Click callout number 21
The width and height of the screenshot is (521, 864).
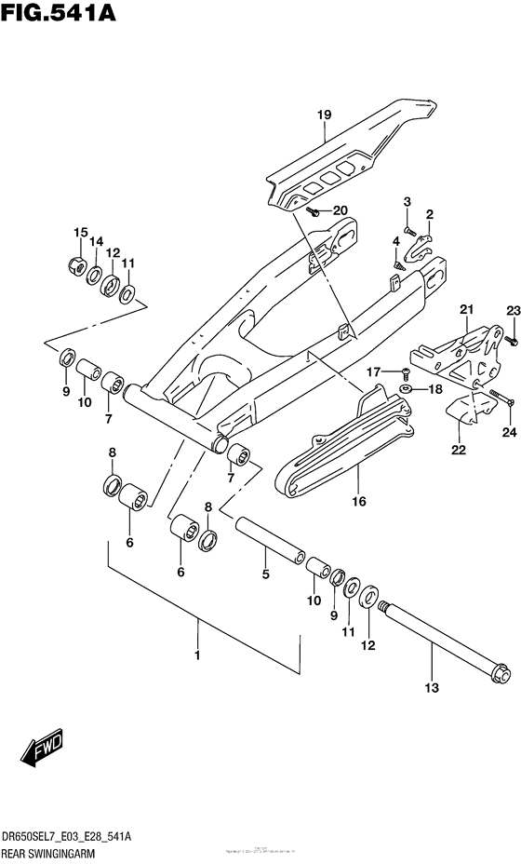click(466, 310)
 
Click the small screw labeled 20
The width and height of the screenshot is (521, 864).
click(314, 213)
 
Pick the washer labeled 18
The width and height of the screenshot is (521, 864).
click(407, 388)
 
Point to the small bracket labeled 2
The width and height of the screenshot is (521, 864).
click(424, 246)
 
